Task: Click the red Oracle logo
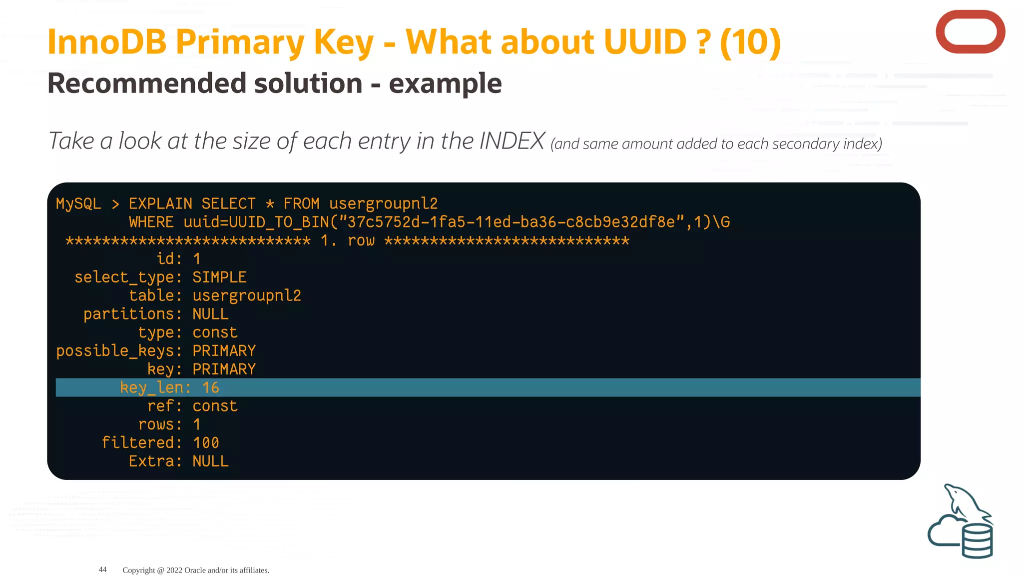coord(970,32)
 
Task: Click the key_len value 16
coord(210,387)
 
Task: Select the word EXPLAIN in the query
coord(160,203)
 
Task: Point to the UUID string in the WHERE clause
coord(511,222)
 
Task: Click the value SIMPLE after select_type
coord(219,277)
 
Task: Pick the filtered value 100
coord(206,442)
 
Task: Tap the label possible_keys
coord(115,351)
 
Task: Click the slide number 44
coord(102,569)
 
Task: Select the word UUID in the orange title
coord(645,42)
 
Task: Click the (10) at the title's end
coord(750,42)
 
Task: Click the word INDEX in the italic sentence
coord(511,141)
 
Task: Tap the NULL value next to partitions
coord(210,314)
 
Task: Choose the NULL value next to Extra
coord(210,461)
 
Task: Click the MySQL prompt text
coord(78,203)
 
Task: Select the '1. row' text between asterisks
coord(347,240)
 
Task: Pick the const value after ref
coord(215,406)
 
